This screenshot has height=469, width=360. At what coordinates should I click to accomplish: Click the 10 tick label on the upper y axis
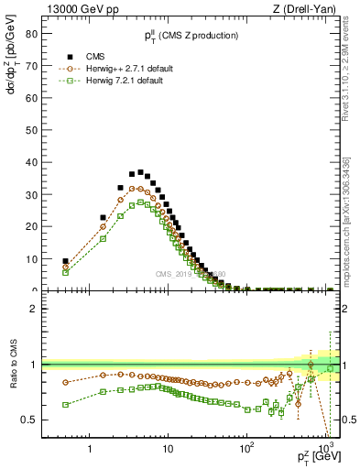coord(30,259)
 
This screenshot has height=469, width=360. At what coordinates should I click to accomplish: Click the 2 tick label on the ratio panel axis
coord(33,309)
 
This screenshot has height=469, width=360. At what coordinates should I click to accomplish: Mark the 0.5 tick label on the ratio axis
coord(29,420)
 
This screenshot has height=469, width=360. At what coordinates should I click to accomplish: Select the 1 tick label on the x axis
coord(90,450)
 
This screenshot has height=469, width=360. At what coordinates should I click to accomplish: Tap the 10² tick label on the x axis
coord(246,449)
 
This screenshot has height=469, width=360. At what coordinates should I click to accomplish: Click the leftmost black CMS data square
coord(65,261)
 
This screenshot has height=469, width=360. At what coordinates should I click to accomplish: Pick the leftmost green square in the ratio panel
coord(65,404)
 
